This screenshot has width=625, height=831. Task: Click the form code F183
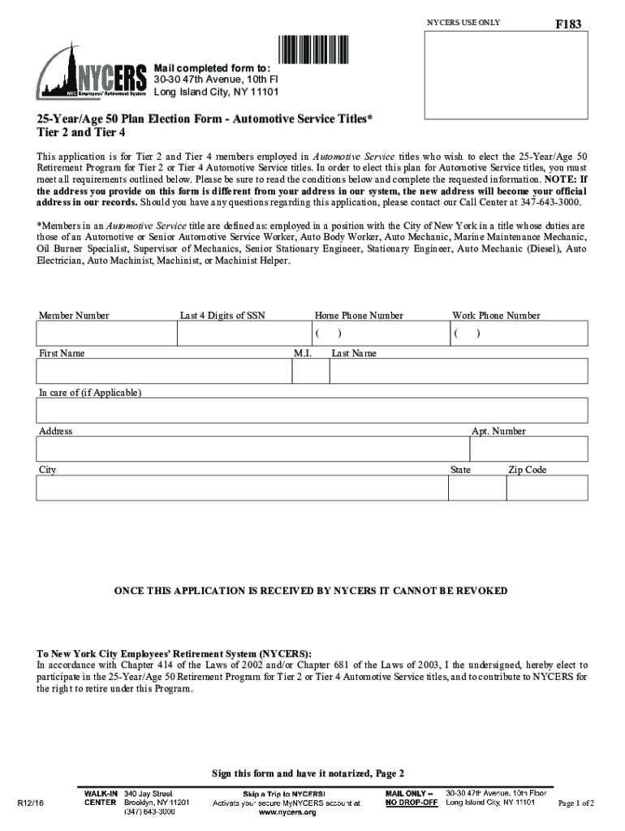(567, 25)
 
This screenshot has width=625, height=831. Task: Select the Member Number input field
(106, 334)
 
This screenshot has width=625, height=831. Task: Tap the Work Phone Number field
(518, 334)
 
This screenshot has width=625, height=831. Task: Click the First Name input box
(163, 371)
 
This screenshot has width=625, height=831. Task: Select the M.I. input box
(310, 371)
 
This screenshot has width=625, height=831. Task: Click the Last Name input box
(459, 371)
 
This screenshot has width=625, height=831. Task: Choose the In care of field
(312, 411)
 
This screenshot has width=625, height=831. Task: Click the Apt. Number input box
(528, 449)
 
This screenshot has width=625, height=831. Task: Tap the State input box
(476, 488)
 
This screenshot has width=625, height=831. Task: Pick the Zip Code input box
(547, 488)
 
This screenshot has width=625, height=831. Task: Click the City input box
(242, 488)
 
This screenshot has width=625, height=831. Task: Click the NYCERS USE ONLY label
(463, 23)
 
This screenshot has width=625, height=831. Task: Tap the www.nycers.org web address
(287, 812)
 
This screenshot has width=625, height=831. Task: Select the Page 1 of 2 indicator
(576, 803)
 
